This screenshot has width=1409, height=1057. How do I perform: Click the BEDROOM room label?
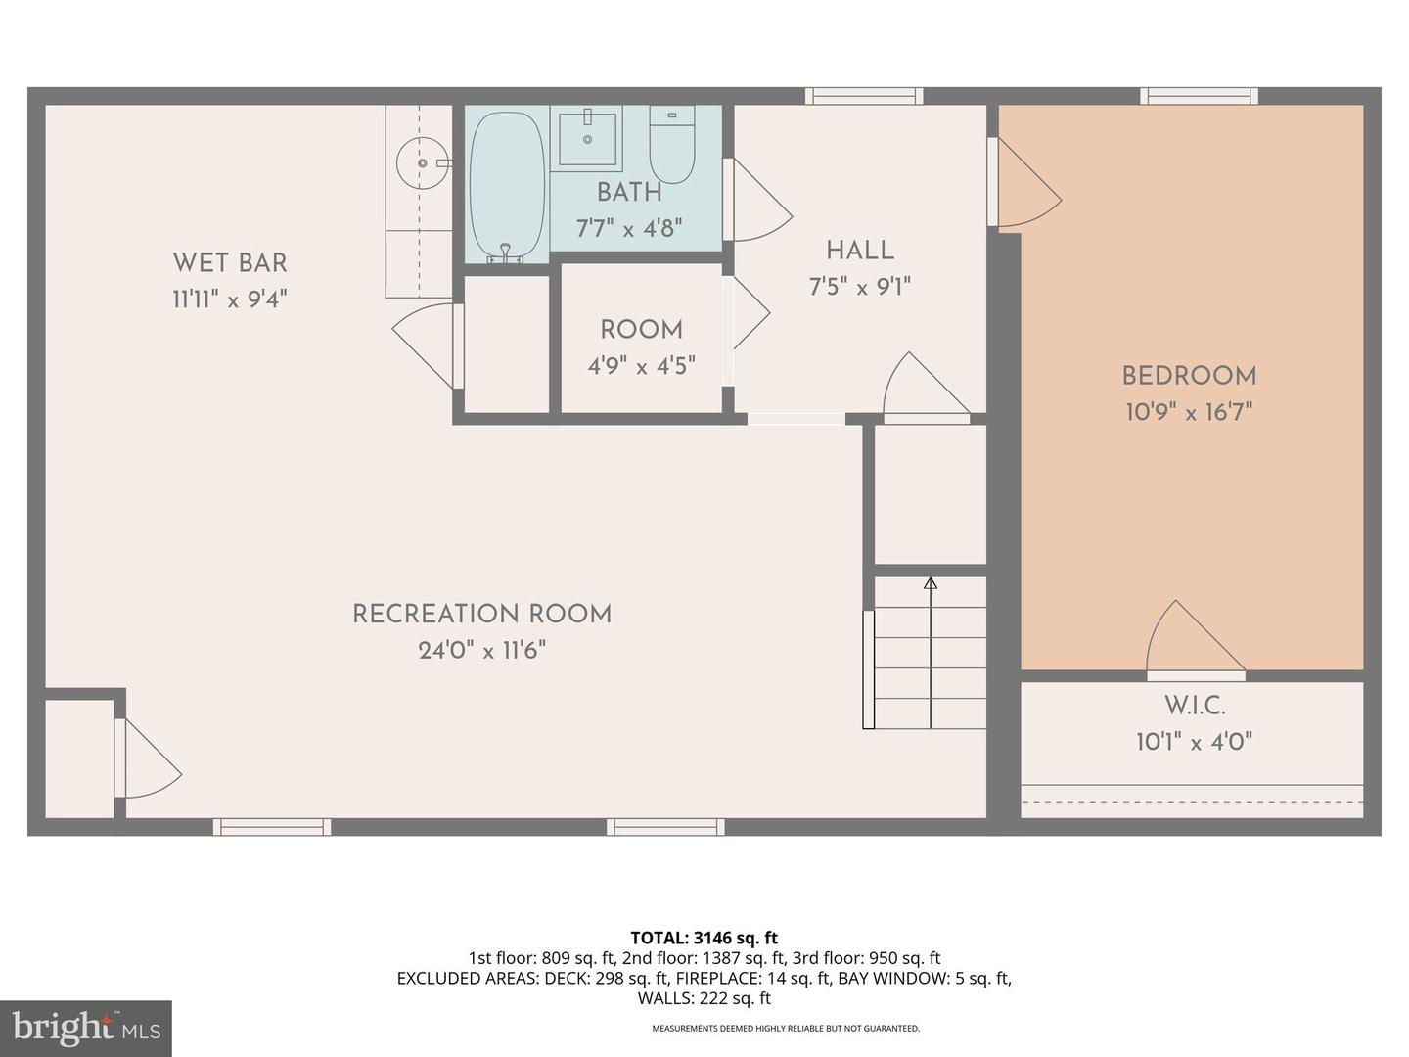pos(1189,376)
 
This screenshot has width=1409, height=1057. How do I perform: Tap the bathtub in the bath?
pos(507,186)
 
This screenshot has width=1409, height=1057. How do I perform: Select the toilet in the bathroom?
pos(672,144)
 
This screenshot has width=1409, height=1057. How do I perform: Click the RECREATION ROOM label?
pos(481,614)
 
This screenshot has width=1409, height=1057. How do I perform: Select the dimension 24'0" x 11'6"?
pos(481,650)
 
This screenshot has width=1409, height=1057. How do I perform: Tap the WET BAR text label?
pos(230,262)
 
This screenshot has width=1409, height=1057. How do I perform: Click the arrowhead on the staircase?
pos(931,584)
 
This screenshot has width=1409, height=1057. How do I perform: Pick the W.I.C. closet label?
pos(1194,705)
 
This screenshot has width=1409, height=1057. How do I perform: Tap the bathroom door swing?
pos(758,201)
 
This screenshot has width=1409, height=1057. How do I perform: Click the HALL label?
pos(860,251)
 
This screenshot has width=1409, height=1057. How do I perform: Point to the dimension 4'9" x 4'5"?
pos(641,366)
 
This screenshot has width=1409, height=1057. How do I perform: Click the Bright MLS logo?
pos(86,1028)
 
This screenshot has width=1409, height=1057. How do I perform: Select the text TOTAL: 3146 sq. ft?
pos(704,938)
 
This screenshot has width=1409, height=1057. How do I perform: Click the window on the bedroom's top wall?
pos(1199,96)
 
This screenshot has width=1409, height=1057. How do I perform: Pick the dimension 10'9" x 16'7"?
pos(1189,412)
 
